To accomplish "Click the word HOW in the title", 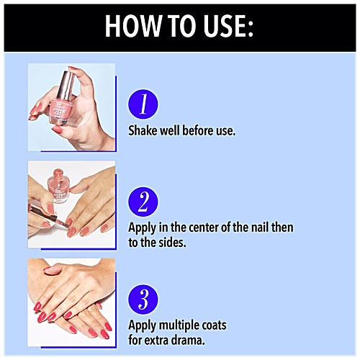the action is click(133, 26).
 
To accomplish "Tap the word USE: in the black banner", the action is click(228, 26).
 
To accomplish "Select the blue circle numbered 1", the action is click(143, 104).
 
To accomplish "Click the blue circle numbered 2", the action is click(143, 202).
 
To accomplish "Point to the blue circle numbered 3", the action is click(143, 300).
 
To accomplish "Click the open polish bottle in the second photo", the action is click(58, 185).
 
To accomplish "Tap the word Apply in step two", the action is click(142, 228).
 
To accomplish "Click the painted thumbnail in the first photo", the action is click(57, 130).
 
